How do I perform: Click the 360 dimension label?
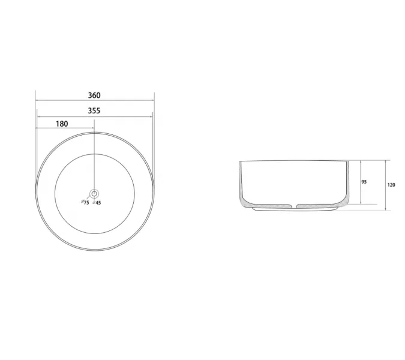pos(94,95)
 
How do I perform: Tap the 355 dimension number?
pos(94,110)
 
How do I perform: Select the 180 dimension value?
pos(62,124)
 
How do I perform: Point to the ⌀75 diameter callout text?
pos(85,202)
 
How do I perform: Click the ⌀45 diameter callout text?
pos(97,203)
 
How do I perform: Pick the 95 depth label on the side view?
pos(364,182)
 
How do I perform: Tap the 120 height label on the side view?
pos(391,185)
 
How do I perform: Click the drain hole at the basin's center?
pos(94,193)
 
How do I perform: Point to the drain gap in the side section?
pos(295,206)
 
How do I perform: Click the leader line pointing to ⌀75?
pos(89,197)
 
